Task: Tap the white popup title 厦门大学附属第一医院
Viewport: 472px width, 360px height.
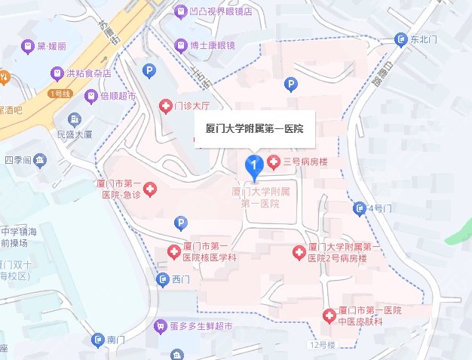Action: tap(255, 128)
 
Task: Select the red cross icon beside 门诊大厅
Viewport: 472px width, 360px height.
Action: tap(164, 107)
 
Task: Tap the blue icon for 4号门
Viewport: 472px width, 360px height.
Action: tap(359, 208)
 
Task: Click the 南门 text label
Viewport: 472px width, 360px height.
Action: tap(116, 340)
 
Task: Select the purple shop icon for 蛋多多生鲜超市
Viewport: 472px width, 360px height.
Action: tap(159, 327)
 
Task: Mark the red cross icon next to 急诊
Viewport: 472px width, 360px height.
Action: tap(150, 189)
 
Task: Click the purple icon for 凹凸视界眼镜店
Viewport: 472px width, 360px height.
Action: tap(180, 12)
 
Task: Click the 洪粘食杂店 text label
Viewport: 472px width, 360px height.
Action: tap(89, 73)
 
